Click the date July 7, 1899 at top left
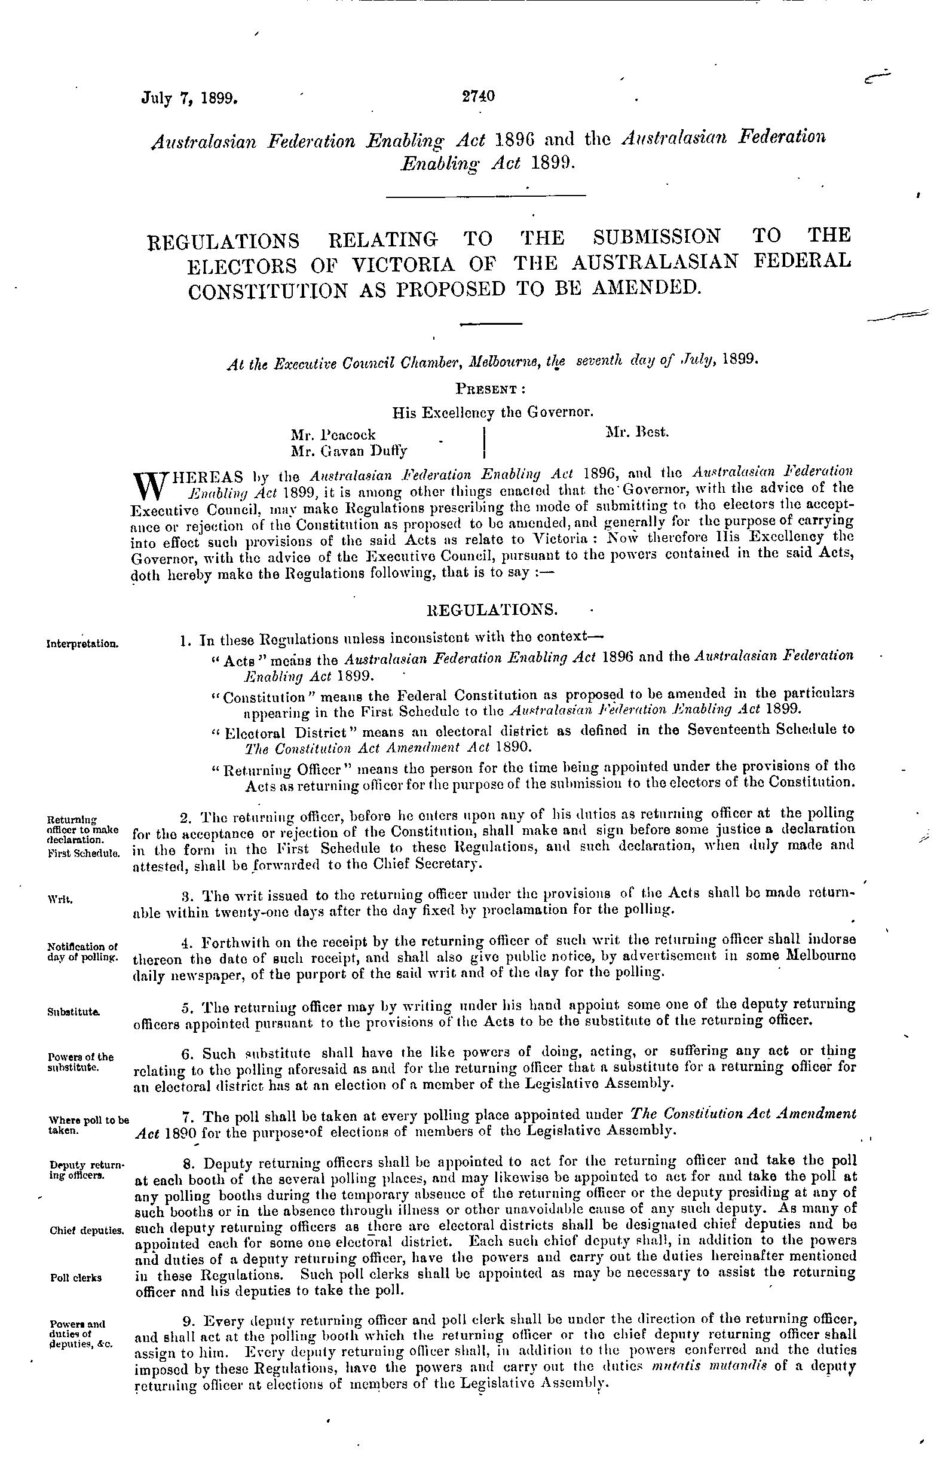189,98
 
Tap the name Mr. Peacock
333,435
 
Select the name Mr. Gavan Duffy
349,451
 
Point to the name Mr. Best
637,432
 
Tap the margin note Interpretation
82,643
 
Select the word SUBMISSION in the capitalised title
657,236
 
